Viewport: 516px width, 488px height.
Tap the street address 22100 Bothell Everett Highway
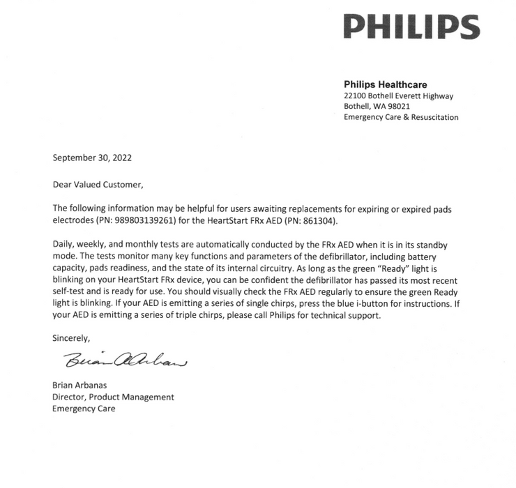(x=399, y=96)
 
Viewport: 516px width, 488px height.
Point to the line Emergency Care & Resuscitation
(x=401, y=117)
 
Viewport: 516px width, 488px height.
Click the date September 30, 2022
(x=92, y=158)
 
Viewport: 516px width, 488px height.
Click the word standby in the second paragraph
(x=439, y=245)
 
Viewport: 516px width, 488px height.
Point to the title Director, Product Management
(x=114, y=397)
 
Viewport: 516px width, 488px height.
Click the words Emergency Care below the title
(x=84, y=409)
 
